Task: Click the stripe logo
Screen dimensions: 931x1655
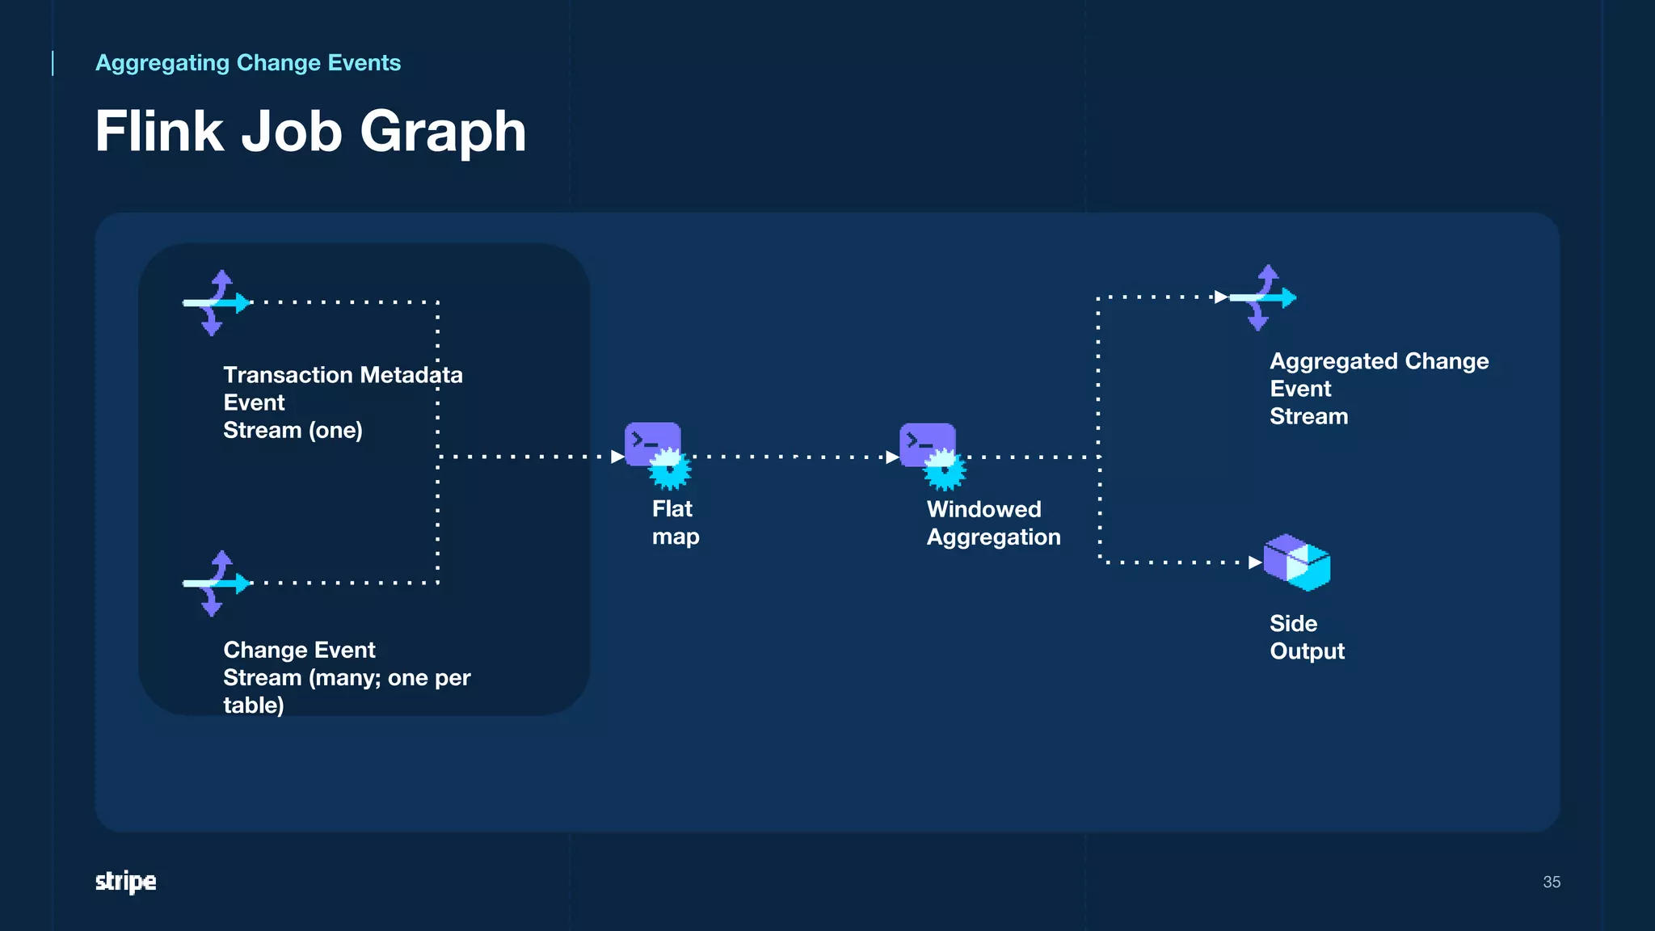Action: [126, 881]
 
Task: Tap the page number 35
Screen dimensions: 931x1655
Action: [1552, 882]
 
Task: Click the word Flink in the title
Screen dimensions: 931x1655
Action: [159, 131]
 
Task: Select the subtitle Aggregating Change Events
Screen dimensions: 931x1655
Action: [248, 63]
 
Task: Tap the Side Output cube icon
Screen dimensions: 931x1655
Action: [1297, 562]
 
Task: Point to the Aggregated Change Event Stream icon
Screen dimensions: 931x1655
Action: [1262, 297]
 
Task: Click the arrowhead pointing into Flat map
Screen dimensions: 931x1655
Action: [618, 457]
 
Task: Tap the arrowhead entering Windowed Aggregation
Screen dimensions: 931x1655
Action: [893, 457]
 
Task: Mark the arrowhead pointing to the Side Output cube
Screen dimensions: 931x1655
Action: [1255, 562]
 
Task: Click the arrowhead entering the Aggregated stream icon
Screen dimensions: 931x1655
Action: [1221, 297]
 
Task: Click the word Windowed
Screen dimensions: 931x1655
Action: [983, 509]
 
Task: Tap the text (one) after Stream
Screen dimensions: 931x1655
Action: [335, 430]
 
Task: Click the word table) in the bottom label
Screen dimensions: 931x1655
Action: [254, 705]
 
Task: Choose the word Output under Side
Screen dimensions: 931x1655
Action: [1307, 651]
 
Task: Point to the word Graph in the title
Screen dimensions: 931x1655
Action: [443, 131]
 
